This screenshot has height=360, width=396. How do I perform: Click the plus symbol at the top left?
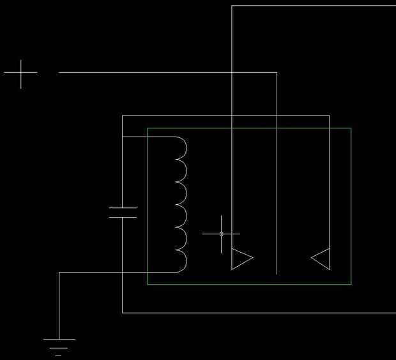20,73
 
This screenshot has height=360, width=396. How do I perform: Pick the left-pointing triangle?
321,258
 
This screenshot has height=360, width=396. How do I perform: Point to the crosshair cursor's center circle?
222,234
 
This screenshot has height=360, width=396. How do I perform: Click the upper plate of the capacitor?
123,208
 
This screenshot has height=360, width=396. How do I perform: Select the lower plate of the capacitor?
123,217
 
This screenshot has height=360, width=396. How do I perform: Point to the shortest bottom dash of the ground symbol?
59,355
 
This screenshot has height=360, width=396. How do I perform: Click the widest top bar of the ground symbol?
59,339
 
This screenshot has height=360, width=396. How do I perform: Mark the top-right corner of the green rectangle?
351,128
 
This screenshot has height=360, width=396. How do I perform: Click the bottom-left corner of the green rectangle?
148,284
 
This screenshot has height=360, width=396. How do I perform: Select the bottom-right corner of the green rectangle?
351,284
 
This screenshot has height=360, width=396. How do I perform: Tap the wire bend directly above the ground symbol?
59,273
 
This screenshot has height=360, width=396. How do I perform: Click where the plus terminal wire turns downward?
277,73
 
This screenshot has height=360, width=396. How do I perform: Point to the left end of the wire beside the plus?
59,73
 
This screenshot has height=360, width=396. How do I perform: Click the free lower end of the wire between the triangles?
277,273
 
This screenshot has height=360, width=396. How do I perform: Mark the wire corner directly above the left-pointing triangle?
329,116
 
